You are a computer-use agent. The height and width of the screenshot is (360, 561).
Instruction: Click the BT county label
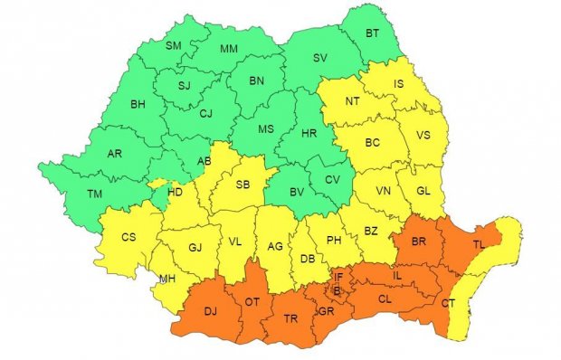pos(372,33)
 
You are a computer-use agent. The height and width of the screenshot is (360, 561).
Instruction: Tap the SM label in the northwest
pos(174,44)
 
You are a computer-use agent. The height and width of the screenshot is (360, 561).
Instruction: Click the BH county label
pos(138,105)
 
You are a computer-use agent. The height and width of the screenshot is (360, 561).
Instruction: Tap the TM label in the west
pos(94,194)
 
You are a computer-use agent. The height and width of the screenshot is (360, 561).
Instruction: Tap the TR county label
pos(291,318)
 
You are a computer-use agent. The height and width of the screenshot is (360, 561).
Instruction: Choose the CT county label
pos(448,304)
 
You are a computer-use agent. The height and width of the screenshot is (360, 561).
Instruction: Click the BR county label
pos(419,242)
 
